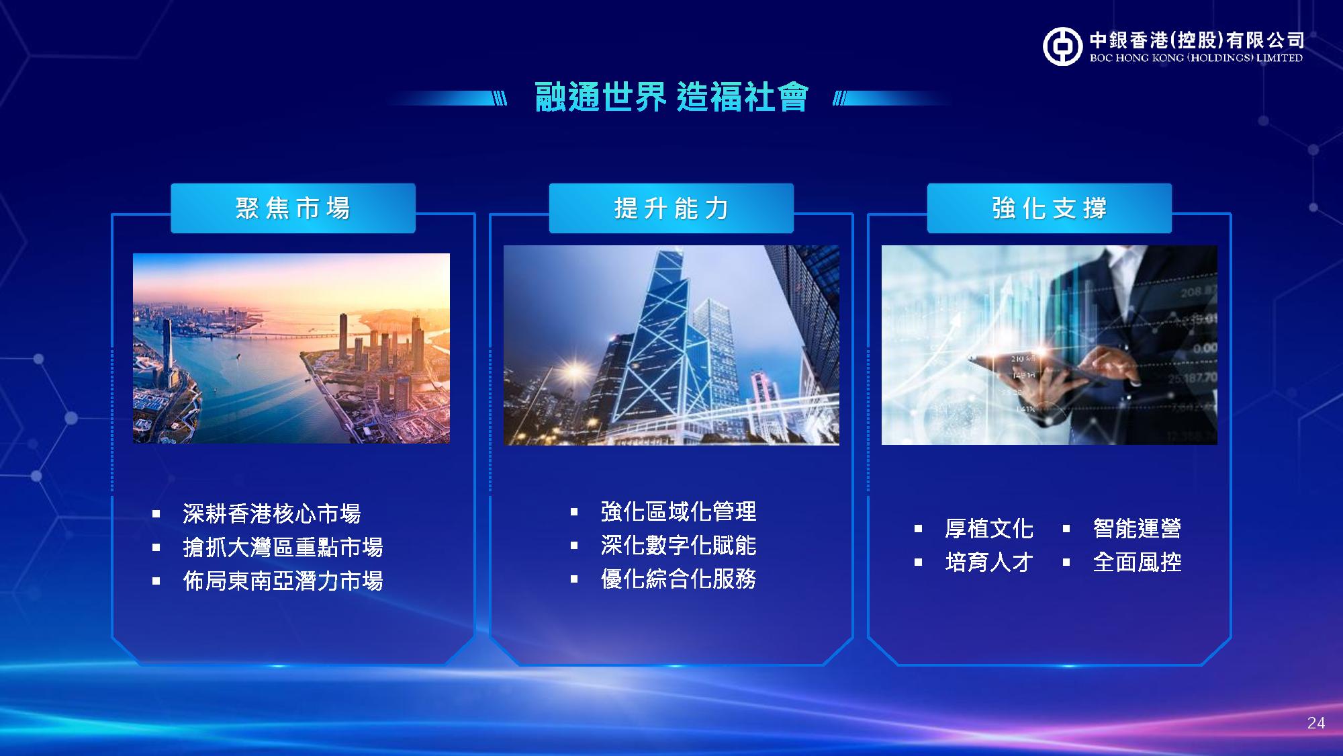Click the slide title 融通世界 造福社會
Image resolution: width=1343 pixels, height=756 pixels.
671,97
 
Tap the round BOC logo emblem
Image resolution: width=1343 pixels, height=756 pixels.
1062,46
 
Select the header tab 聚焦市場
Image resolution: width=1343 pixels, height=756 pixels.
293,208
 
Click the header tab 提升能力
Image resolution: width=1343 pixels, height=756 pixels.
671,208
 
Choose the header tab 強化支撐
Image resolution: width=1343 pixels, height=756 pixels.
1049,208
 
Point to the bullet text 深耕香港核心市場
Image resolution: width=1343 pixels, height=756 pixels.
272,514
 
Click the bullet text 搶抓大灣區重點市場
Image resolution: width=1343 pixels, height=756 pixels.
283,548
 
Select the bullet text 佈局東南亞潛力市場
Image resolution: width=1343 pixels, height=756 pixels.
283,581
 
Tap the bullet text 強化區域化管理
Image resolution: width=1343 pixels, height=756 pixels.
678,512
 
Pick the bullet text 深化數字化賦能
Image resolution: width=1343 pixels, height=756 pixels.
678,546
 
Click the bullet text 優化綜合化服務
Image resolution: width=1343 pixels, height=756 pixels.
678,579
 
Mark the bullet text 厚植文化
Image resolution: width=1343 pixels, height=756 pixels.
989,529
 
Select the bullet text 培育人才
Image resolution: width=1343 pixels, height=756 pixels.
989,562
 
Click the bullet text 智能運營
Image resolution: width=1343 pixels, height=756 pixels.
1137,529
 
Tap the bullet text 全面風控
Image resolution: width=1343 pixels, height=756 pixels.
1137,562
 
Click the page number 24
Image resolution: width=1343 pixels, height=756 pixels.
1316,723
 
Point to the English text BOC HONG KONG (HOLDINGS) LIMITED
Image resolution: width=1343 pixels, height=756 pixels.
1196,58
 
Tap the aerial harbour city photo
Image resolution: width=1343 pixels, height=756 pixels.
291,348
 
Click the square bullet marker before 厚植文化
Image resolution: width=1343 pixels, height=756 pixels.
918,529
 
